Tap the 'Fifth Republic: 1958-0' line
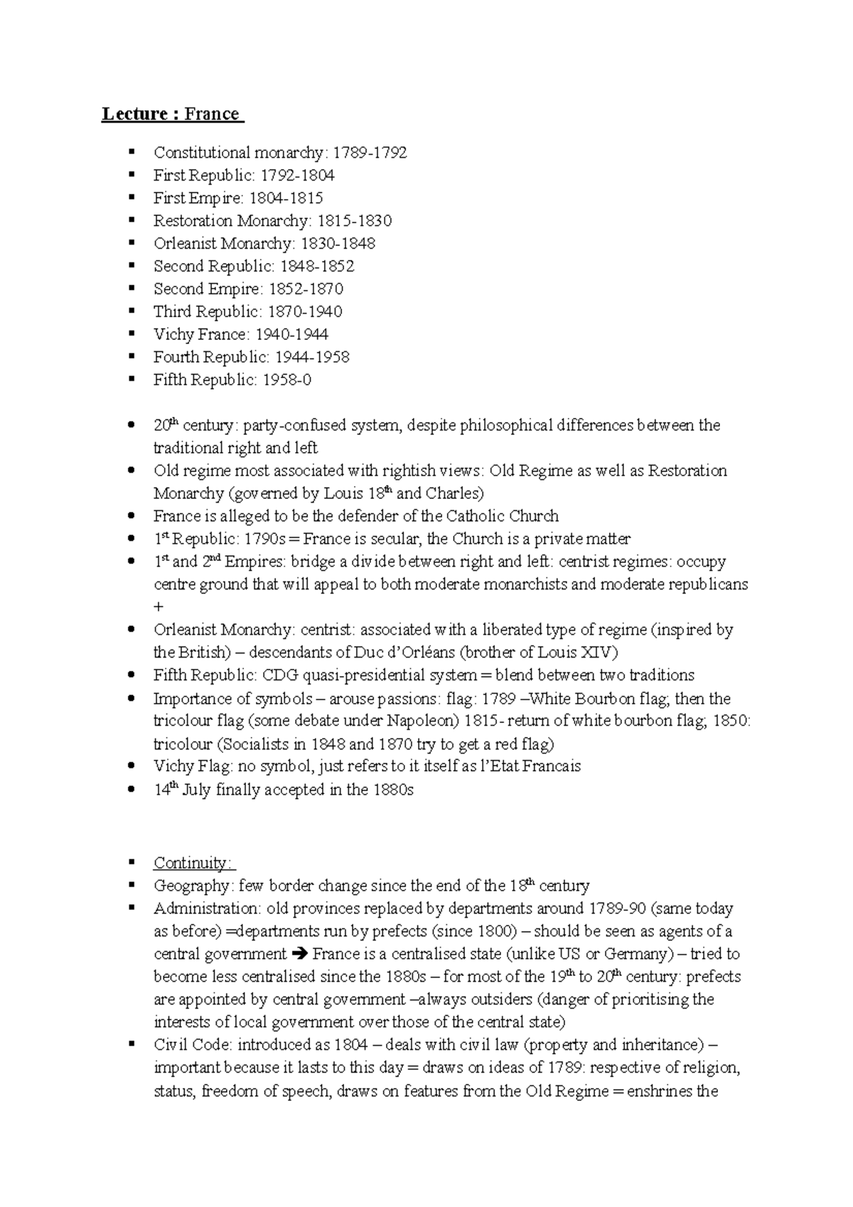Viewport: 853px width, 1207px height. pyautogui.click(x=232, y=380)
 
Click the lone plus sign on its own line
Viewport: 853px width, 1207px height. pyautogui.click(x=158, y=606)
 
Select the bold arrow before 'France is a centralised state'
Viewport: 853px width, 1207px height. pyautogui.click(x=299, y=954)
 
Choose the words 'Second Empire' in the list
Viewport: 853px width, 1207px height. pyautogui.click(x=206, y=289)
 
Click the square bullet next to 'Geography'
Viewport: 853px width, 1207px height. pyautogui.click(x=131, y=885)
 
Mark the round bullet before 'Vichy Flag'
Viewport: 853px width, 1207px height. pyautogui.click(x=130, y=766)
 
